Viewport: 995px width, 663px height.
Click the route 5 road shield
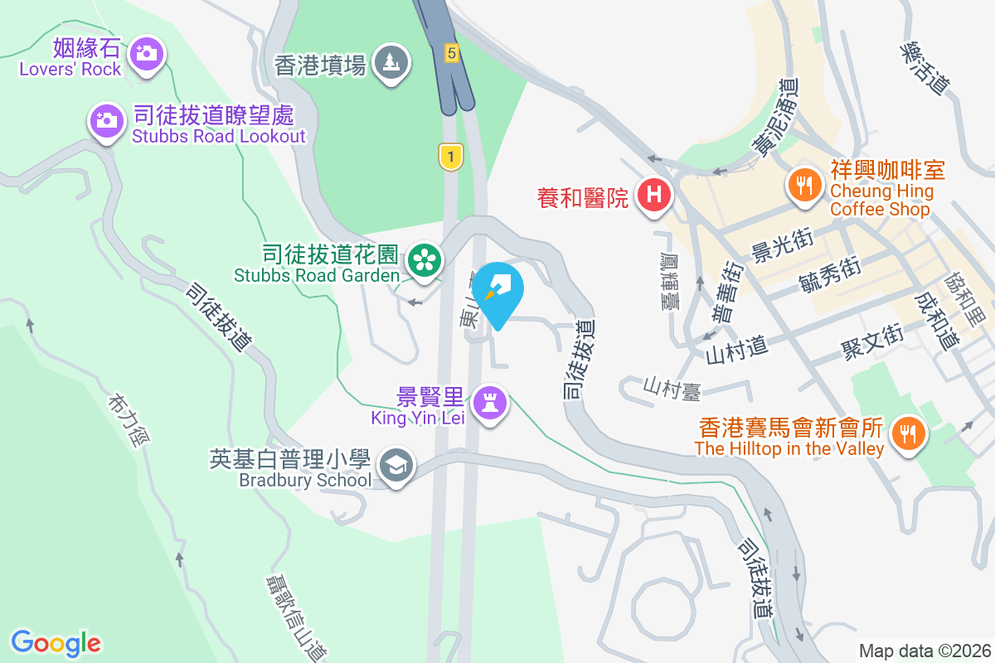(451, 52)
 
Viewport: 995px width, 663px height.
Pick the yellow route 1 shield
(450, 156)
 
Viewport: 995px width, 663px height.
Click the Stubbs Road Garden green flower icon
(425, 261)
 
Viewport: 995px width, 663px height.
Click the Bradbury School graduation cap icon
(396, 466)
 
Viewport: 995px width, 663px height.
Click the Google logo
(56, 642)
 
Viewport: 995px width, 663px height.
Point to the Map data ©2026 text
(924, 651)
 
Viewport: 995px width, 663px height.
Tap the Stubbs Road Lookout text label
(219, 136)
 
